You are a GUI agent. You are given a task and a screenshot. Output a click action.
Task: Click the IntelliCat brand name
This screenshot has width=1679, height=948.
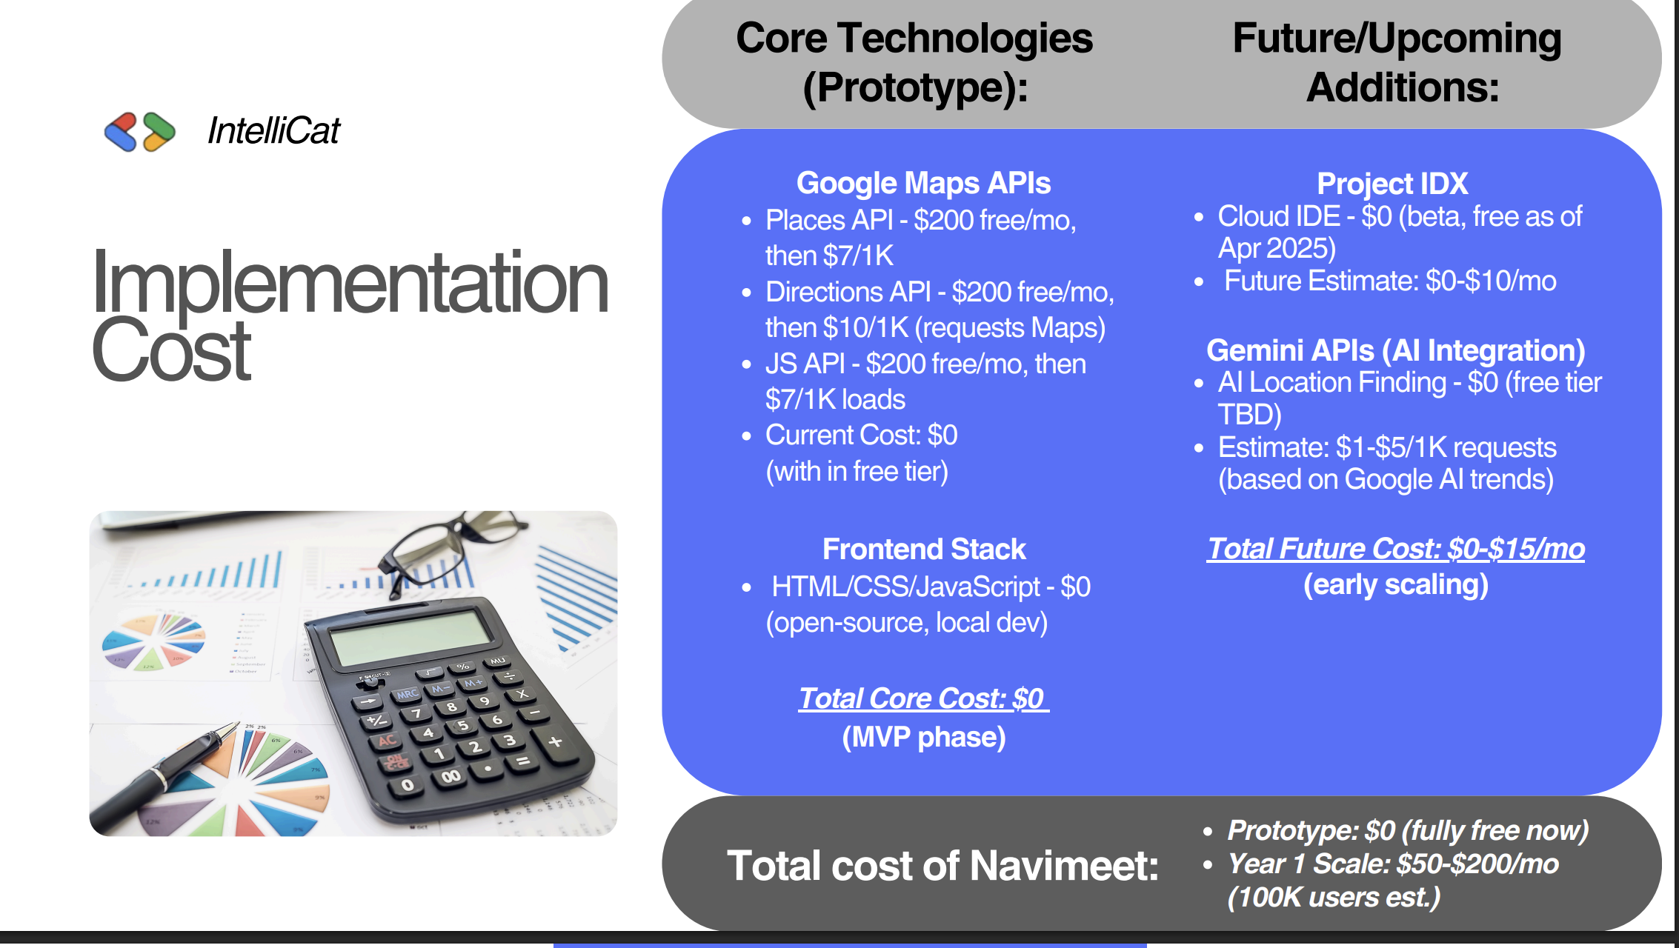point(273,131)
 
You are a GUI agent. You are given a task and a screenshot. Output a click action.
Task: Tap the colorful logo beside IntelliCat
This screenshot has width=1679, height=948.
point(140,132)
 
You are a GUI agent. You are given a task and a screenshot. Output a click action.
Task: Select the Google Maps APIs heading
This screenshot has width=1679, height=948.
point(923,183)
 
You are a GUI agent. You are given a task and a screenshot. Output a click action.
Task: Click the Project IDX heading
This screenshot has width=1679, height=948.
point(1392,183)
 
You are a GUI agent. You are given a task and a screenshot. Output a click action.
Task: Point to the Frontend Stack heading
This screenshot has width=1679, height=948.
point(924,550)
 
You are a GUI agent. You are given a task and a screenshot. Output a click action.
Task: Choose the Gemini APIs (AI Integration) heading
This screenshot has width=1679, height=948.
point(1396,350)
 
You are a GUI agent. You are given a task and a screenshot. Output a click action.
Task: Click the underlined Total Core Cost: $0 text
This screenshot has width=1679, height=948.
point(923,698)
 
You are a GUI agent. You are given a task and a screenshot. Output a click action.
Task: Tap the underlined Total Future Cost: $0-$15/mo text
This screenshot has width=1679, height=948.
point(1396,549)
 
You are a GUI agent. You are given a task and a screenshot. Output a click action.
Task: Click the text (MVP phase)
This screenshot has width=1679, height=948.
point(924,737)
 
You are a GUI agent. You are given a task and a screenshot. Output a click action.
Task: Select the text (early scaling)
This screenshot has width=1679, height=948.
point(1396,585)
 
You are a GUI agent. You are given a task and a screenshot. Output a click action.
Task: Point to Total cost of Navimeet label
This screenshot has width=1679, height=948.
point(942,865)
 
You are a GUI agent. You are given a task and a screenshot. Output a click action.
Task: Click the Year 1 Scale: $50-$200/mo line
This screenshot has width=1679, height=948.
point(1393,864)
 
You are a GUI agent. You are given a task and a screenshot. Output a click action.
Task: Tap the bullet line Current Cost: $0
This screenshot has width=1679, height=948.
point(861,435)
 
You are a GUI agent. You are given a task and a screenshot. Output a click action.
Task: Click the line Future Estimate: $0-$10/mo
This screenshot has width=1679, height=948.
point(1390,281)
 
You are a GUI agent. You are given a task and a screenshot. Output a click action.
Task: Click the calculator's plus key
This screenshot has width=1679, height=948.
point(556,741)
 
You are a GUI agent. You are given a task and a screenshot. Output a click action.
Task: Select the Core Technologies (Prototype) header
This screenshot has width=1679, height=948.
point(914,62)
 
